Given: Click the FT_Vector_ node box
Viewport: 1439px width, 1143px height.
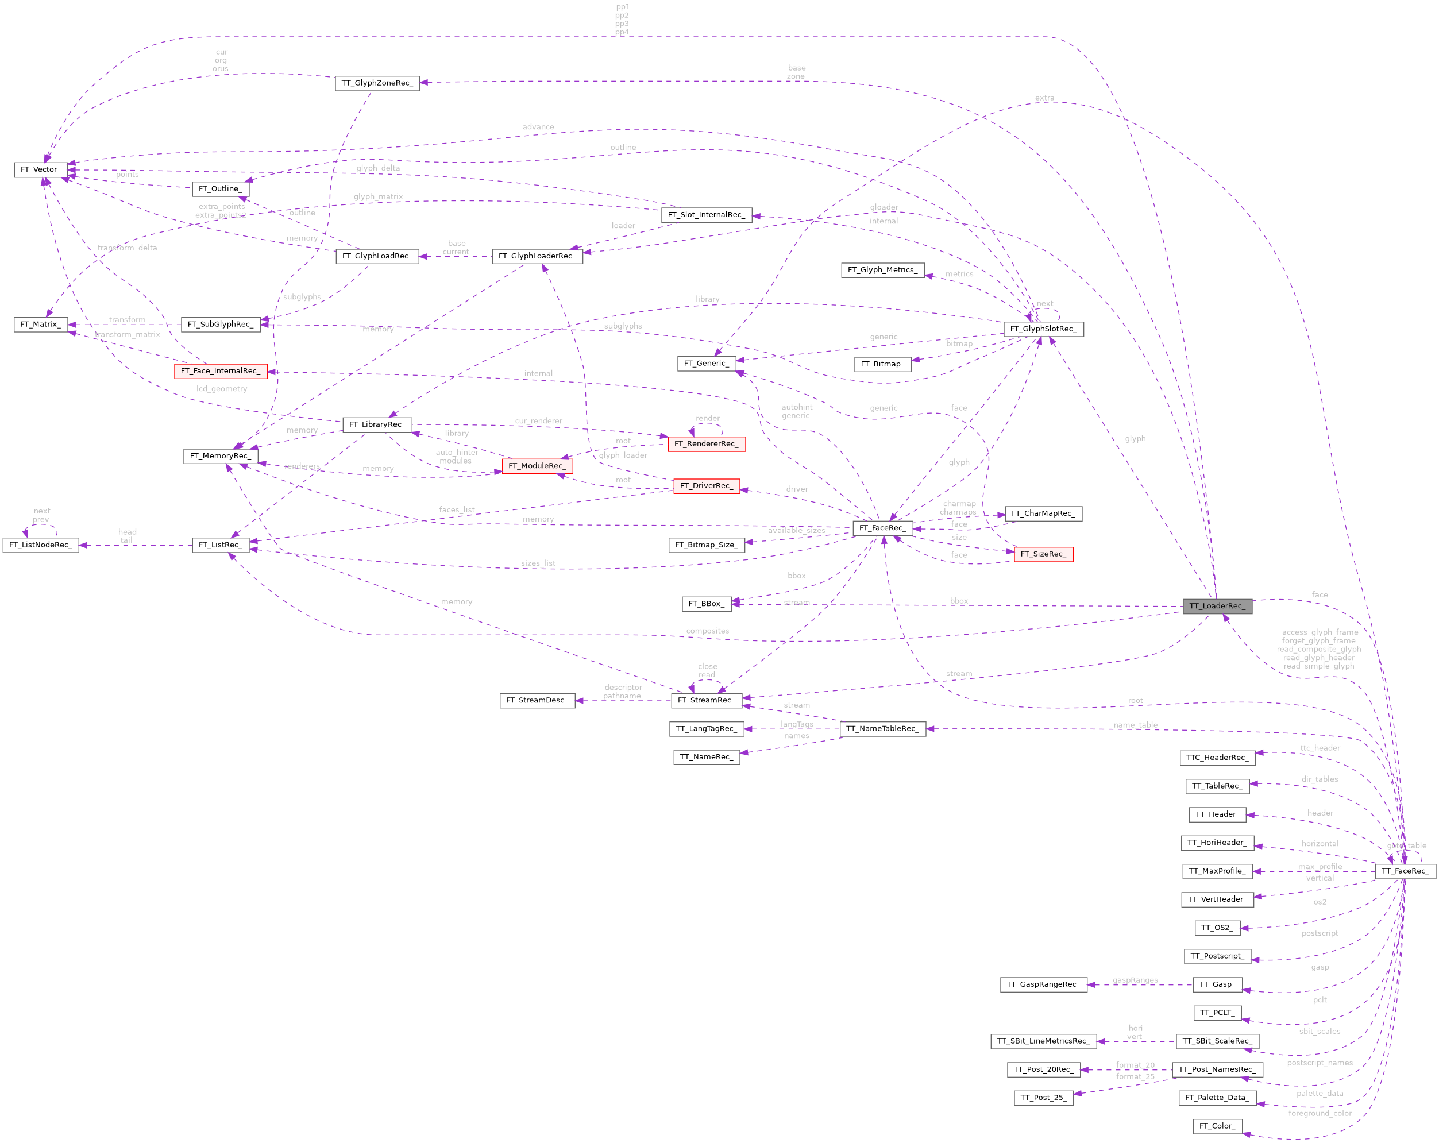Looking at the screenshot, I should (40, 169).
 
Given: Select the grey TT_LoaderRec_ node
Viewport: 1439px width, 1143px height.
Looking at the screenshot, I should (1217, 606).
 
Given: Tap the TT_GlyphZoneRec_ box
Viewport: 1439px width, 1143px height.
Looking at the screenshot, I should (377, 83).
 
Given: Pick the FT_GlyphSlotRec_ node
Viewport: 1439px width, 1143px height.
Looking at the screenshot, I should (1043, 329).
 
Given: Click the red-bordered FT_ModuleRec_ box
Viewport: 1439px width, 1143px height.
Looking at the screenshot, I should (537, 466).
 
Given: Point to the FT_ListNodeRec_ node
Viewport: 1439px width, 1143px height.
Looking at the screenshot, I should (40, 545).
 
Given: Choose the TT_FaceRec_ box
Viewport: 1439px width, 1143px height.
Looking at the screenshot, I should (1405, 871).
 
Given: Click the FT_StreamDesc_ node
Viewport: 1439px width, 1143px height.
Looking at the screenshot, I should (537, 700).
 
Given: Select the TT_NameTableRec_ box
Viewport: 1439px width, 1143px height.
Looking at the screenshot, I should (882, 729).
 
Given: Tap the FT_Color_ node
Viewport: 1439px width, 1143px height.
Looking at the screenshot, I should (1217, 1126).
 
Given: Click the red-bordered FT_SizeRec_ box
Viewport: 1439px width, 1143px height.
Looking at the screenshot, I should (1043, 554).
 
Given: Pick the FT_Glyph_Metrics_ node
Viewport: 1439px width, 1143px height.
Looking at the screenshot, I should (882, 269).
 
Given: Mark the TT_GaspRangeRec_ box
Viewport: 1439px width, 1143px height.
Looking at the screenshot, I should (1043, 984).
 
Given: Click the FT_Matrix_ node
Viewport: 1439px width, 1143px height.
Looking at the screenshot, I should (40, 325).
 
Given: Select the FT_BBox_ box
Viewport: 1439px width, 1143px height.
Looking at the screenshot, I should (706, 603).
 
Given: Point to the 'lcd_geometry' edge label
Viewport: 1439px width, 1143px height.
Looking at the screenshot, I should (222, 388).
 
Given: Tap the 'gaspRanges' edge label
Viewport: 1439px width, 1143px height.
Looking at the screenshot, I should (1135, 980).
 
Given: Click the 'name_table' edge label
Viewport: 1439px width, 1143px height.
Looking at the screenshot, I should (1135, 725).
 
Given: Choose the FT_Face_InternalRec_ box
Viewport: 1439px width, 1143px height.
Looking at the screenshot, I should (220, 371).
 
